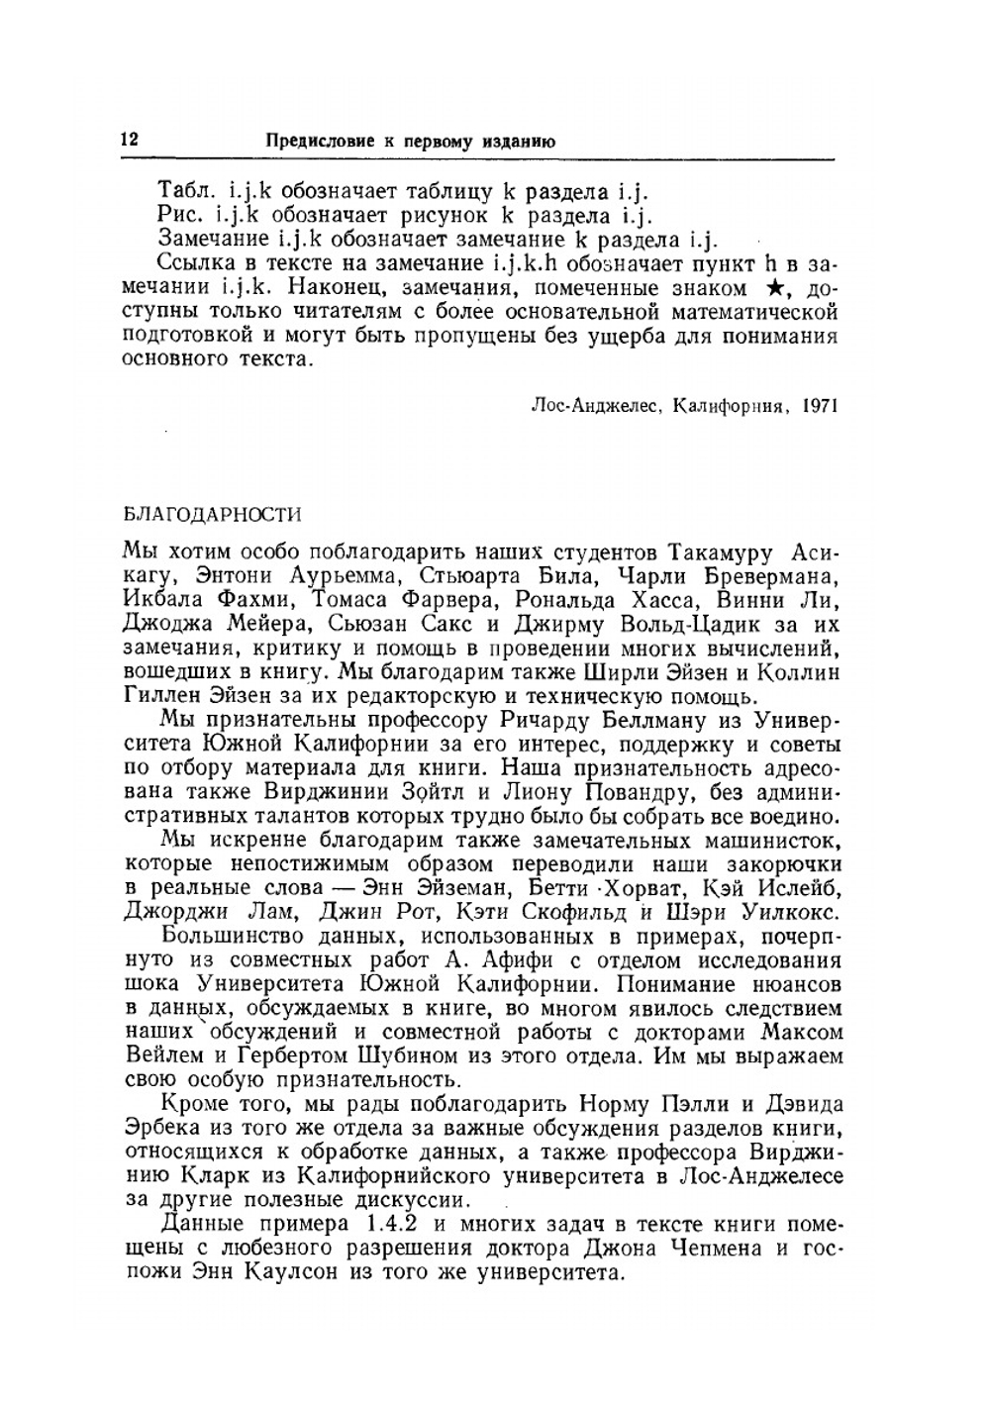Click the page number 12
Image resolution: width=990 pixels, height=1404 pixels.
pos(129,141)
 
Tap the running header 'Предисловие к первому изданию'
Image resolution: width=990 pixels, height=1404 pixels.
pos(411,142)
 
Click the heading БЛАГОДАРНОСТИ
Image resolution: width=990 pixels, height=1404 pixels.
pos(211,514)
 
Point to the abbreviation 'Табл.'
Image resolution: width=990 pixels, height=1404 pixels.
pos(185,192)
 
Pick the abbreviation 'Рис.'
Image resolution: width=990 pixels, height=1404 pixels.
pos(180,215)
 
